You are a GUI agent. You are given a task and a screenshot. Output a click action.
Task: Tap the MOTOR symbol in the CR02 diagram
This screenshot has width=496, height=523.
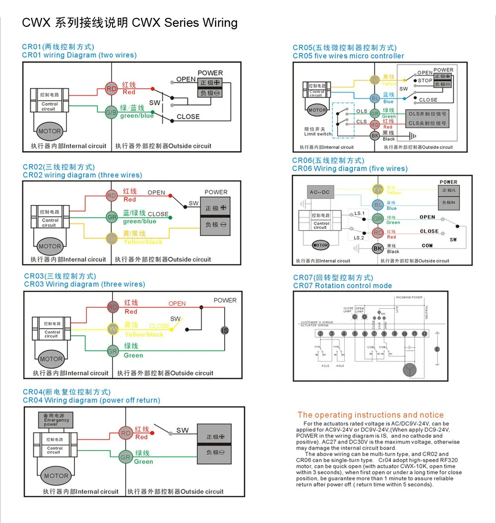click(50, 246)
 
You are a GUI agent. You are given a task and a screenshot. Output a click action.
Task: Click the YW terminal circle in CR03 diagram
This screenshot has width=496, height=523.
click(113, 329)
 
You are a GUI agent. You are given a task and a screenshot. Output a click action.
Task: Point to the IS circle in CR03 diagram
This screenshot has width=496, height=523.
click(225, 330)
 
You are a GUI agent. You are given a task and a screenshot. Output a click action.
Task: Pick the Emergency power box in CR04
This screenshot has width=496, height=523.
click(57, 420)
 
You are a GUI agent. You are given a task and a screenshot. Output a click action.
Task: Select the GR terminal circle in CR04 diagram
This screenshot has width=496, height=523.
click(125, 457)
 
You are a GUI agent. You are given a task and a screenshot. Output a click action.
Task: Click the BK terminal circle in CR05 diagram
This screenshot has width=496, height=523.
click(375, 135)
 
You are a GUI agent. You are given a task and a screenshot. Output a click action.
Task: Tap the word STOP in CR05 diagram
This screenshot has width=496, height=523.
click(425, 80)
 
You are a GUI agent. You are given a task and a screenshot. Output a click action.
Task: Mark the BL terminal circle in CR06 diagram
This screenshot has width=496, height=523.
click(378, 204)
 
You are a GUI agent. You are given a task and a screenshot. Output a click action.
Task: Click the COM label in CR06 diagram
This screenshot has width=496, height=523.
click(427, 246)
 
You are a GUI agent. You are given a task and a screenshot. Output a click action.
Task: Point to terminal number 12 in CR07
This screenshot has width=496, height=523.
click(425, 333)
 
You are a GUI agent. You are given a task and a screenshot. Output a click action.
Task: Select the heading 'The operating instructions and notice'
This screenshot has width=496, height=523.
click(371, 415)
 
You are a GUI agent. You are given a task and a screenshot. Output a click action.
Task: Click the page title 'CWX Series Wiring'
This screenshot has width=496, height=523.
click(185, 23)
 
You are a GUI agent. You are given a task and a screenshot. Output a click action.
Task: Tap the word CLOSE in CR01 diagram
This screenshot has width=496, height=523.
click(188, 117)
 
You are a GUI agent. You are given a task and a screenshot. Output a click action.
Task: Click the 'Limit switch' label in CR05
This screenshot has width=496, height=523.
click(318, 134)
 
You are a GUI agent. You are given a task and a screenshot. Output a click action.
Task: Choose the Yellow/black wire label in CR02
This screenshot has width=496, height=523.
click(143, 242)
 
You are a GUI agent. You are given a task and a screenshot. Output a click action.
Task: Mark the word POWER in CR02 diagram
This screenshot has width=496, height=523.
click(216, 192)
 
